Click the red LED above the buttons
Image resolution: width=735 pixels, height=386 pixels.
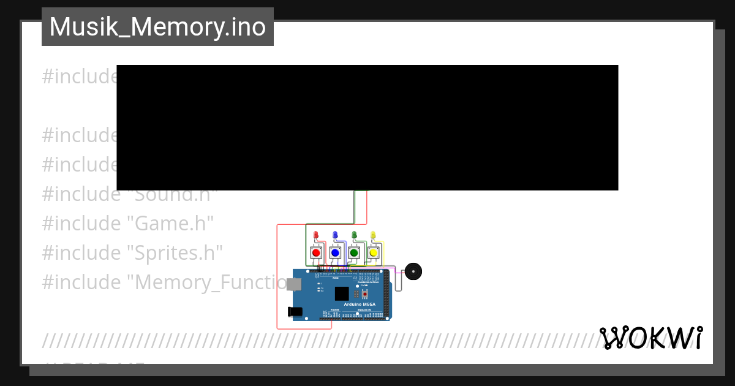click(x=316, y=235)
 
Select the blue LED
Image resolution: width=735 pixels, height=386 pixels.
click(x=335, y=235)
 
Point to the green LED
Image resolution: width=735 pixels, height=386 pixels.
click(x=354, y=235)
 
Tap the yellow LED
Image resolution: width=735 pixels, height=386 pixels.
click(x=373, y=235)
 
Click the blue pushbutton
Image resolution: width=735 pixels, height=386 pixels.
click(x=335, y=252)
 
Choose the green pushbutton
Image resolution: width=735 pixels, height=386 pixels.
click(x=354, y=252)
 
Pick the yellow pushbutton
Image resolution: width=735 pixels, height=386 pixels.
click(x=373, y=252)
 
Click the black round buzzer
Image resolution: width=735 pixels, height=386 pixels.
click(x=413, y=271)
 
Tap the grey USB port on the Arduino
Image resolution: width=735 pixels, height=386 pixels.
click(x=295, y=284)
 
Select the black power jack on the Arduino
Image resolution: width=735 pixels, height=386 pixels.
click(x=295, y=311)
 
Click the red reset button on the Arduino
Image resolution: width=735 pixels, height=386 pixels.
click(x=364, y=294)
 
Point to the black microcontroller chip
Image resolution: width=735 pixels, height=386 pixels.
click(x=342, y=293)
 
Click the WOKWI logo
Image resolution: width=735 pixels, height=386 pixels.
click(x=651, y=338)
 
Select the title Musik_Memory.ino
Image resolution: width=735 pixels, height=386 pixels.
click(x=157, y=27)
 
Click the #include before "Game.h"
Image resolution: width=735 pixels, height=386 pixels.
click(x=81, y=223)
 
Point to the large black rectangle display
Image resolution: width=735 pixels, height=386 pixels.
click(x=367, y=127)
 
